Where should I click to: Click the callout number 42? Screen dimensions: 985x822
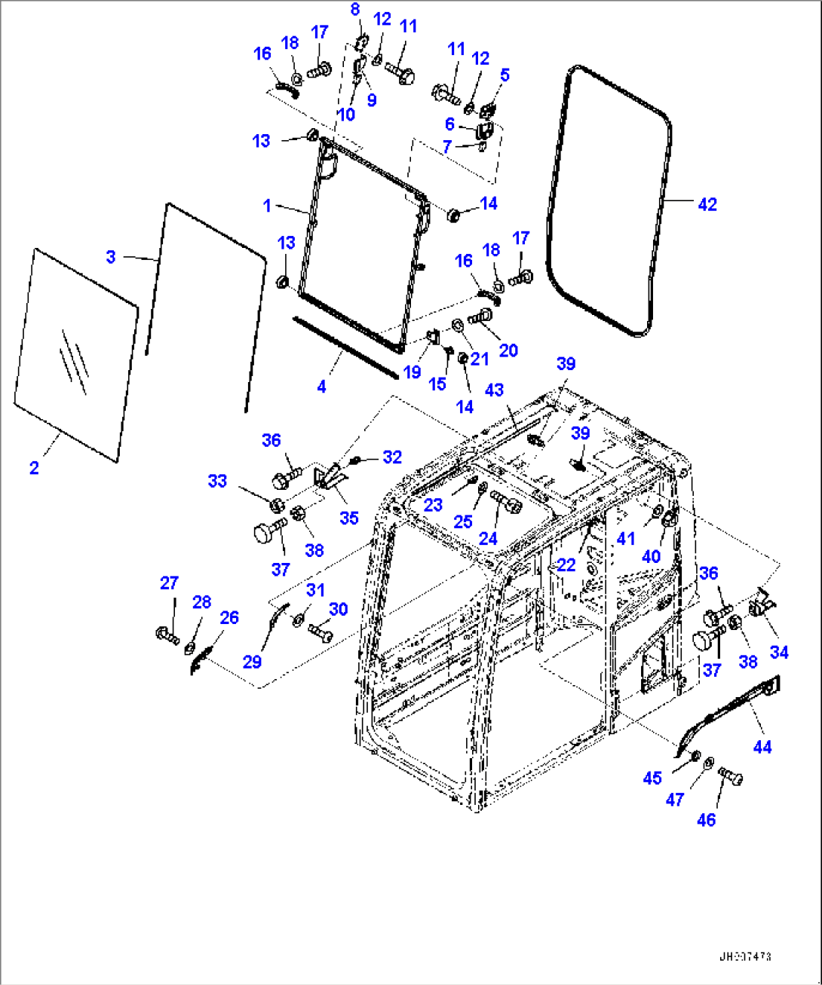[x=707, y=204]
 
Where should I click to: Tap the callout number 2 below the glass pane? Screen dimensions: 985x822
[x=34, y=468]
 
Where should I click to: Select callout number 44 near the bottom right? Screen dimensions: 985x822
[x=762, y=747]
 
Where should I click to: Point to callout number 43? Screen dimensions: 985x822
[x=494, y=390]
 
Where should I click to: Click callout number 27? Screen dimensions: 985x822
[x=169, y=583]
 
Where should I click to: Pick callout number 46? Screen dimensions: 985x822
[x=706, y=820]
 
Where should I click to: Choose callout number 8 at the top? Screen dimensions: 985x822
[x=355, y=10]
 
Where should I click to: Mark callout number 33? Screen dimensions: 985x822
[x=217, y=481]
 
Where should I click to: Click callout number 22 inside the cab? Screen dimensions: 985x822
[x=566, y=564]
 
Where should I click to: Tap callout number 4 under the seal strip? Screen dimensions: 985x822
[x=322, y=387]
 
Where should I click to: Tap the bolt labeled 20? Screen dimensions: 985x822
[x=480, y=320]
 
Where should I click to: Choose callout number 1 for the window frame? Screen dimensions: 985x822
[x=266, y=205]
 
